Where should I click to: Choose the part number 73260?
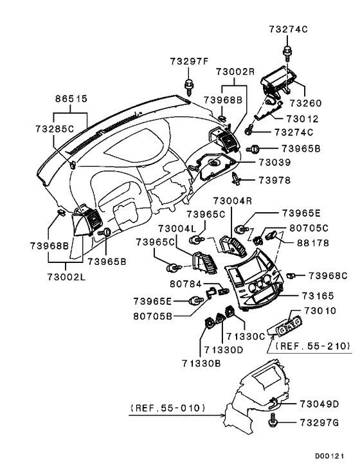[305, 103]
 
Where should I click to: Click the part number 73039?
[275, 164]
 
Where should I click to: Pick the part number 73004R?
[233, 201]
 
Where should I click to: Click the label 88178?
[312, 244]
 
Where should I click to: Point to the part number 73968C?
[327, 275]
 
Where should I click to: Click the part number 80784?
[186, 283]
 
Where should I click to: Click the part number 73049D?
[318, 404]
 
